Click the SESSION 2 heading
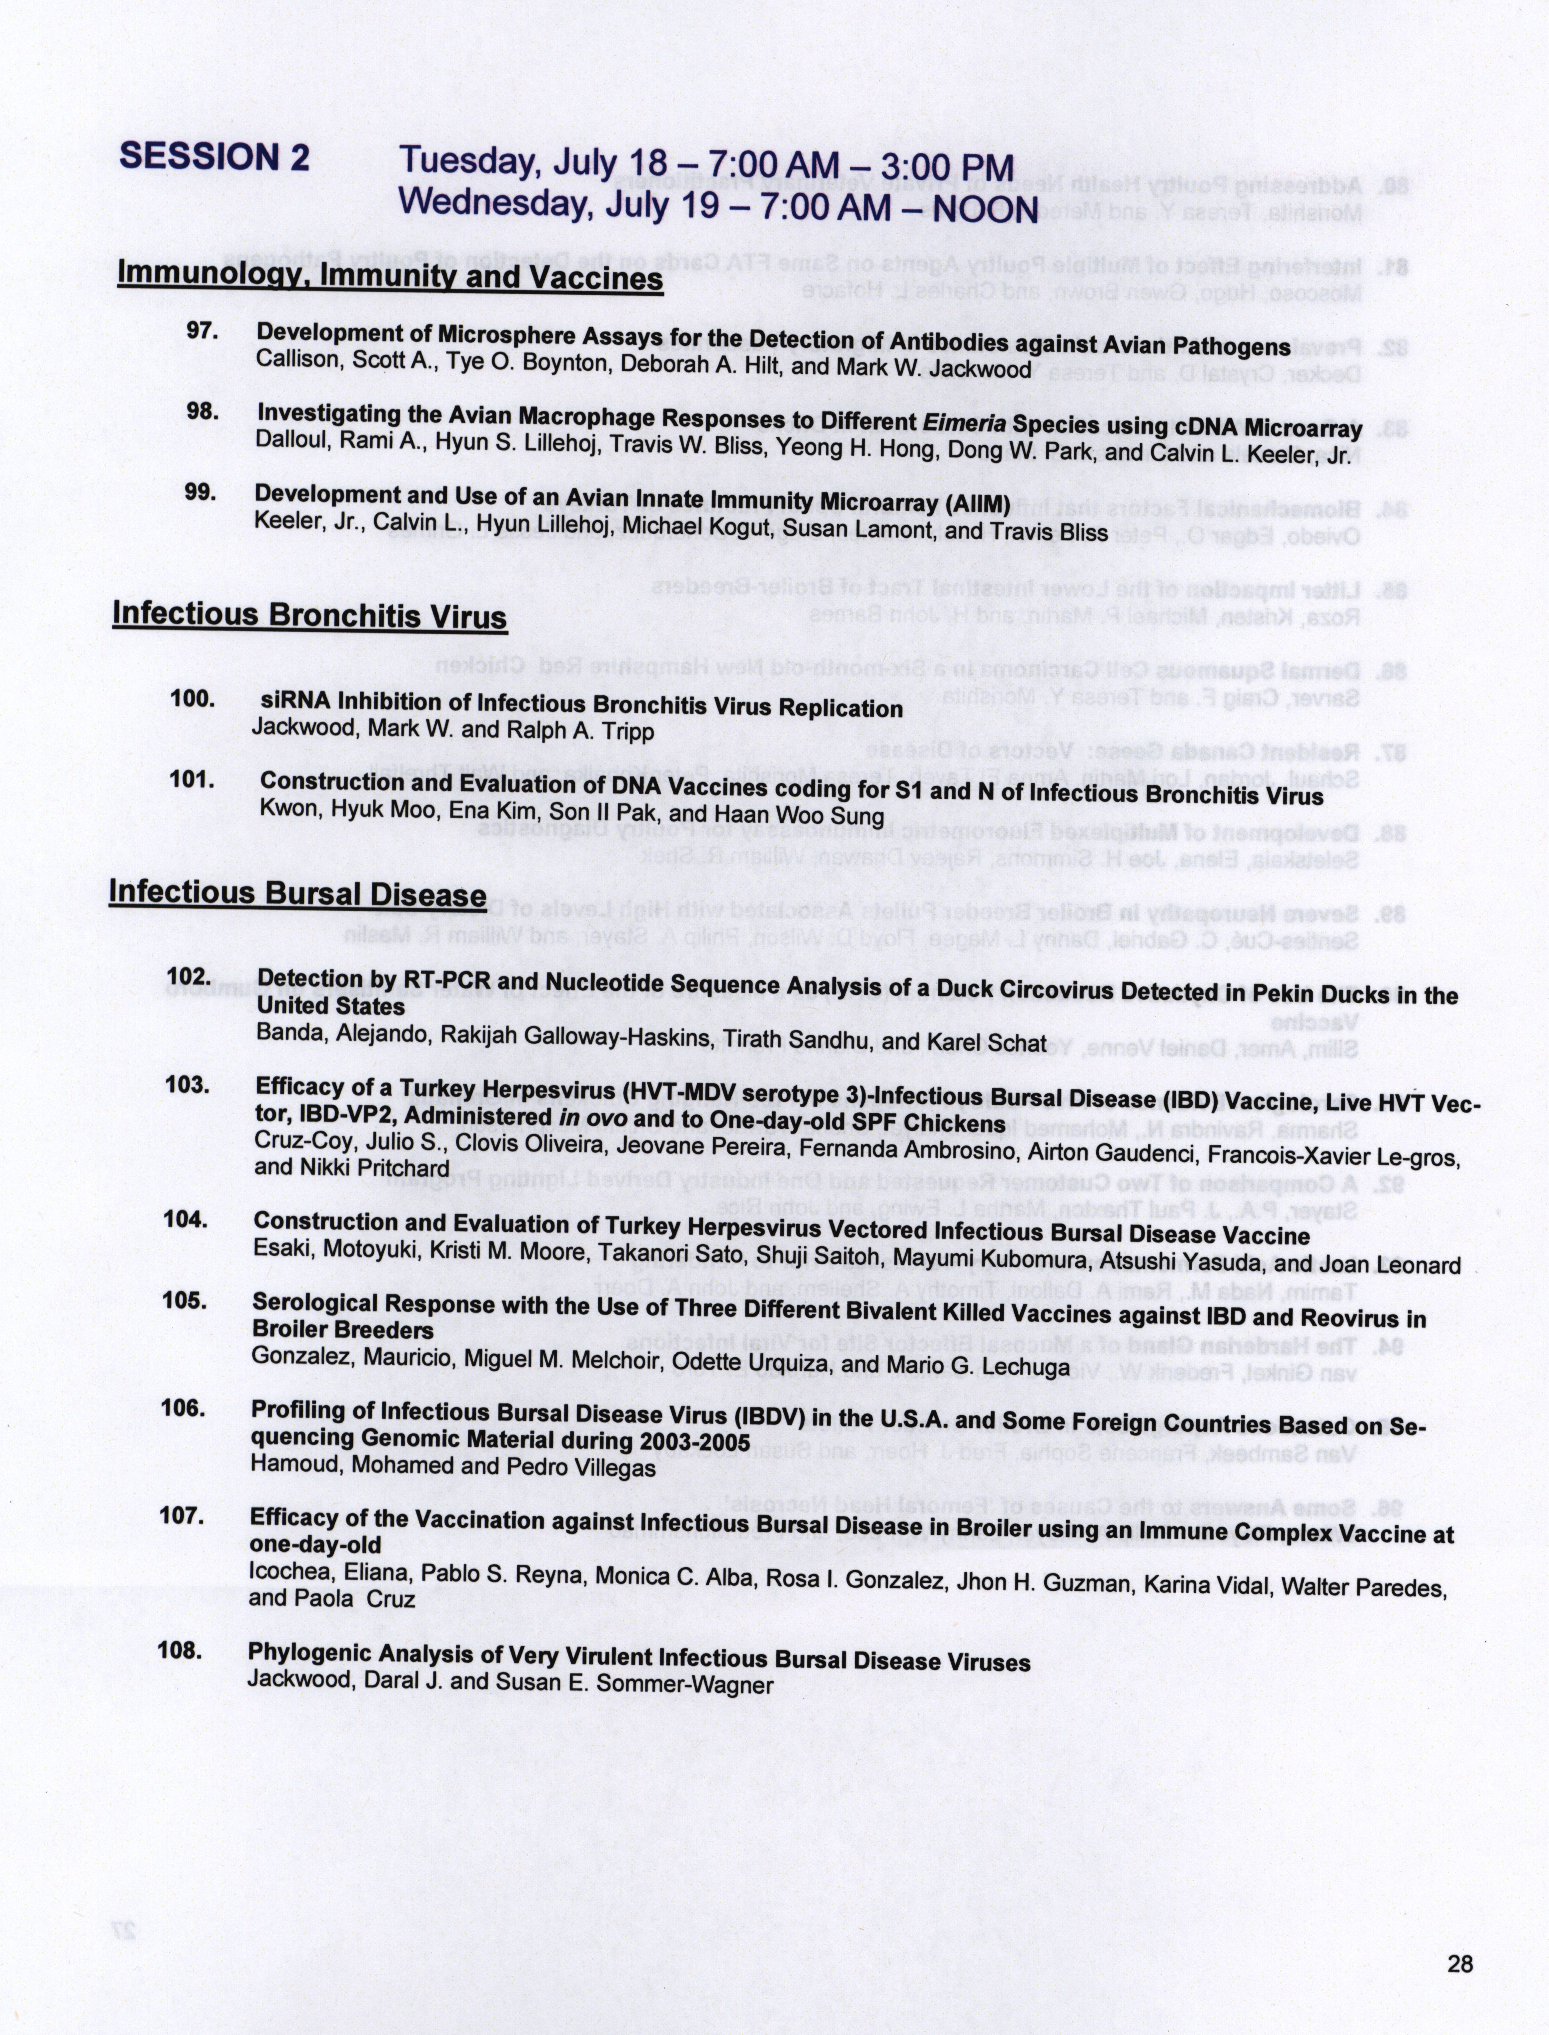[214, 157]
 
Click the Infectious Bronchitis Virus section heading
[310, 615]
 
